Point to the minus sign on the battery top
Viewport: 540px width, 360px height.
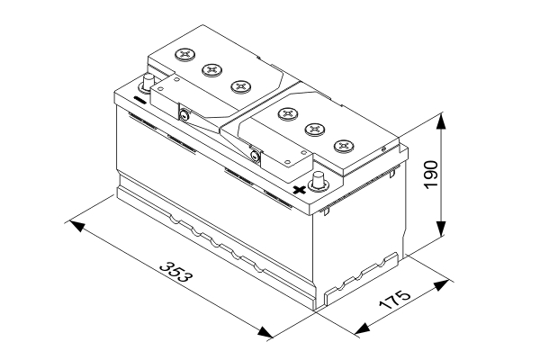click(140, 96)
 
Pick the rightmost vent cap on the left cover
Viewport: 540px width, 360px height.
click(240, 85)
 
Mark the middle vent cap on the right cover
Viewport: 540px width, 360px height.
click(315, 129)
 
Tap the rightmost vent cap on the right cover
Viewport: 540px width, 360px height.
click(343, 145)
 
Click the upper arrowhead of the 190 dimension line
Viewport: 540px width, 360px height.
click(441, 119)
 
